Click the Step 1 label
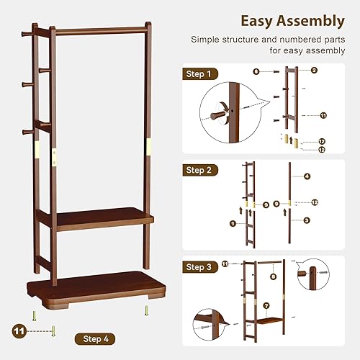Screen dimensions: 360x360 coord(199,73)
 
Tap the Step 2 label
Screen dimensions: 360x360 coord(199,170)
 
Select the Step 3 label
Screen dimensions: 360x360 coord(199,266)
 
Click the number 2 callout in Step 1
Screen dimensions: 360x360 coord(315,70)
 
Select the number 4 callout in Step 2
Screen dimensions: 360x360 coord(307,176)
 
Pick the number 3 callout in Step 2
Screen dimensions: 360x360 coord(307,220)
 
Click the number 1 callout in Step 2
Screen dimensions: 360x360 coord(233,224)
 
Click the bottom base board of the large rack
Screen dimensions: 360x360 coord(94,288)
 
